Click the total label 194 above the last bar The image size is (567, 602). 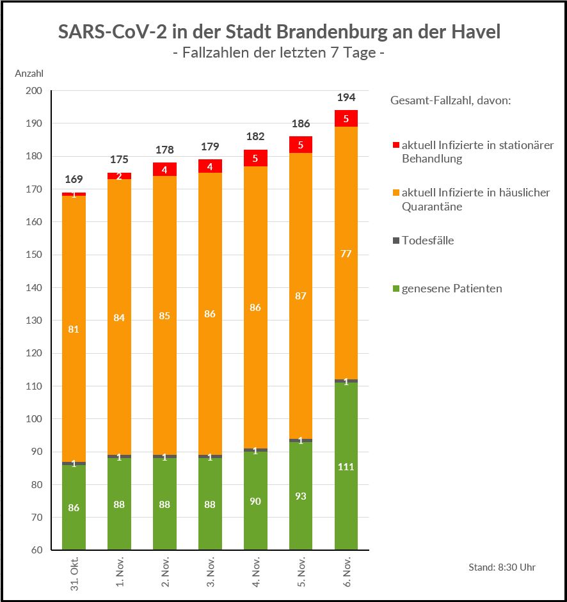point(346,98)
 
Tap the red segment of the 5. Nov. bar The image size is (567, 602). point(301,145)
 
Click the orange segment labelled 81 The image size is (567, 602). point(74,329)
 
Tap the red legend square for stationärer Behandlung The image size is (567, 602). point(396,145)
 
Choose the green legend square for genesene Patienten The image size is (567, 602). point(396,289)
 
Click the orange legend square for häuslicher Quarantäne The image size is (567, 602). point(396,193)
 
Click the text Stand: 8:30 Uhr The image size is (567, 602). point(502,567)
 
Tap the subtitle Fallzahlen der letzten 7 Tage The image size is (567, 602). point(278,53)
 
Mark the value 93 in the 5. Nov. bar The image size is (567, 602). point(301,496)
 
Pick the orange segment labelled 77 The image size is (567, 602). point(346,254)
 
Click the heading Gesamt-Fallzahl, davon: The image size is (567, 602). point(450,101)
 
